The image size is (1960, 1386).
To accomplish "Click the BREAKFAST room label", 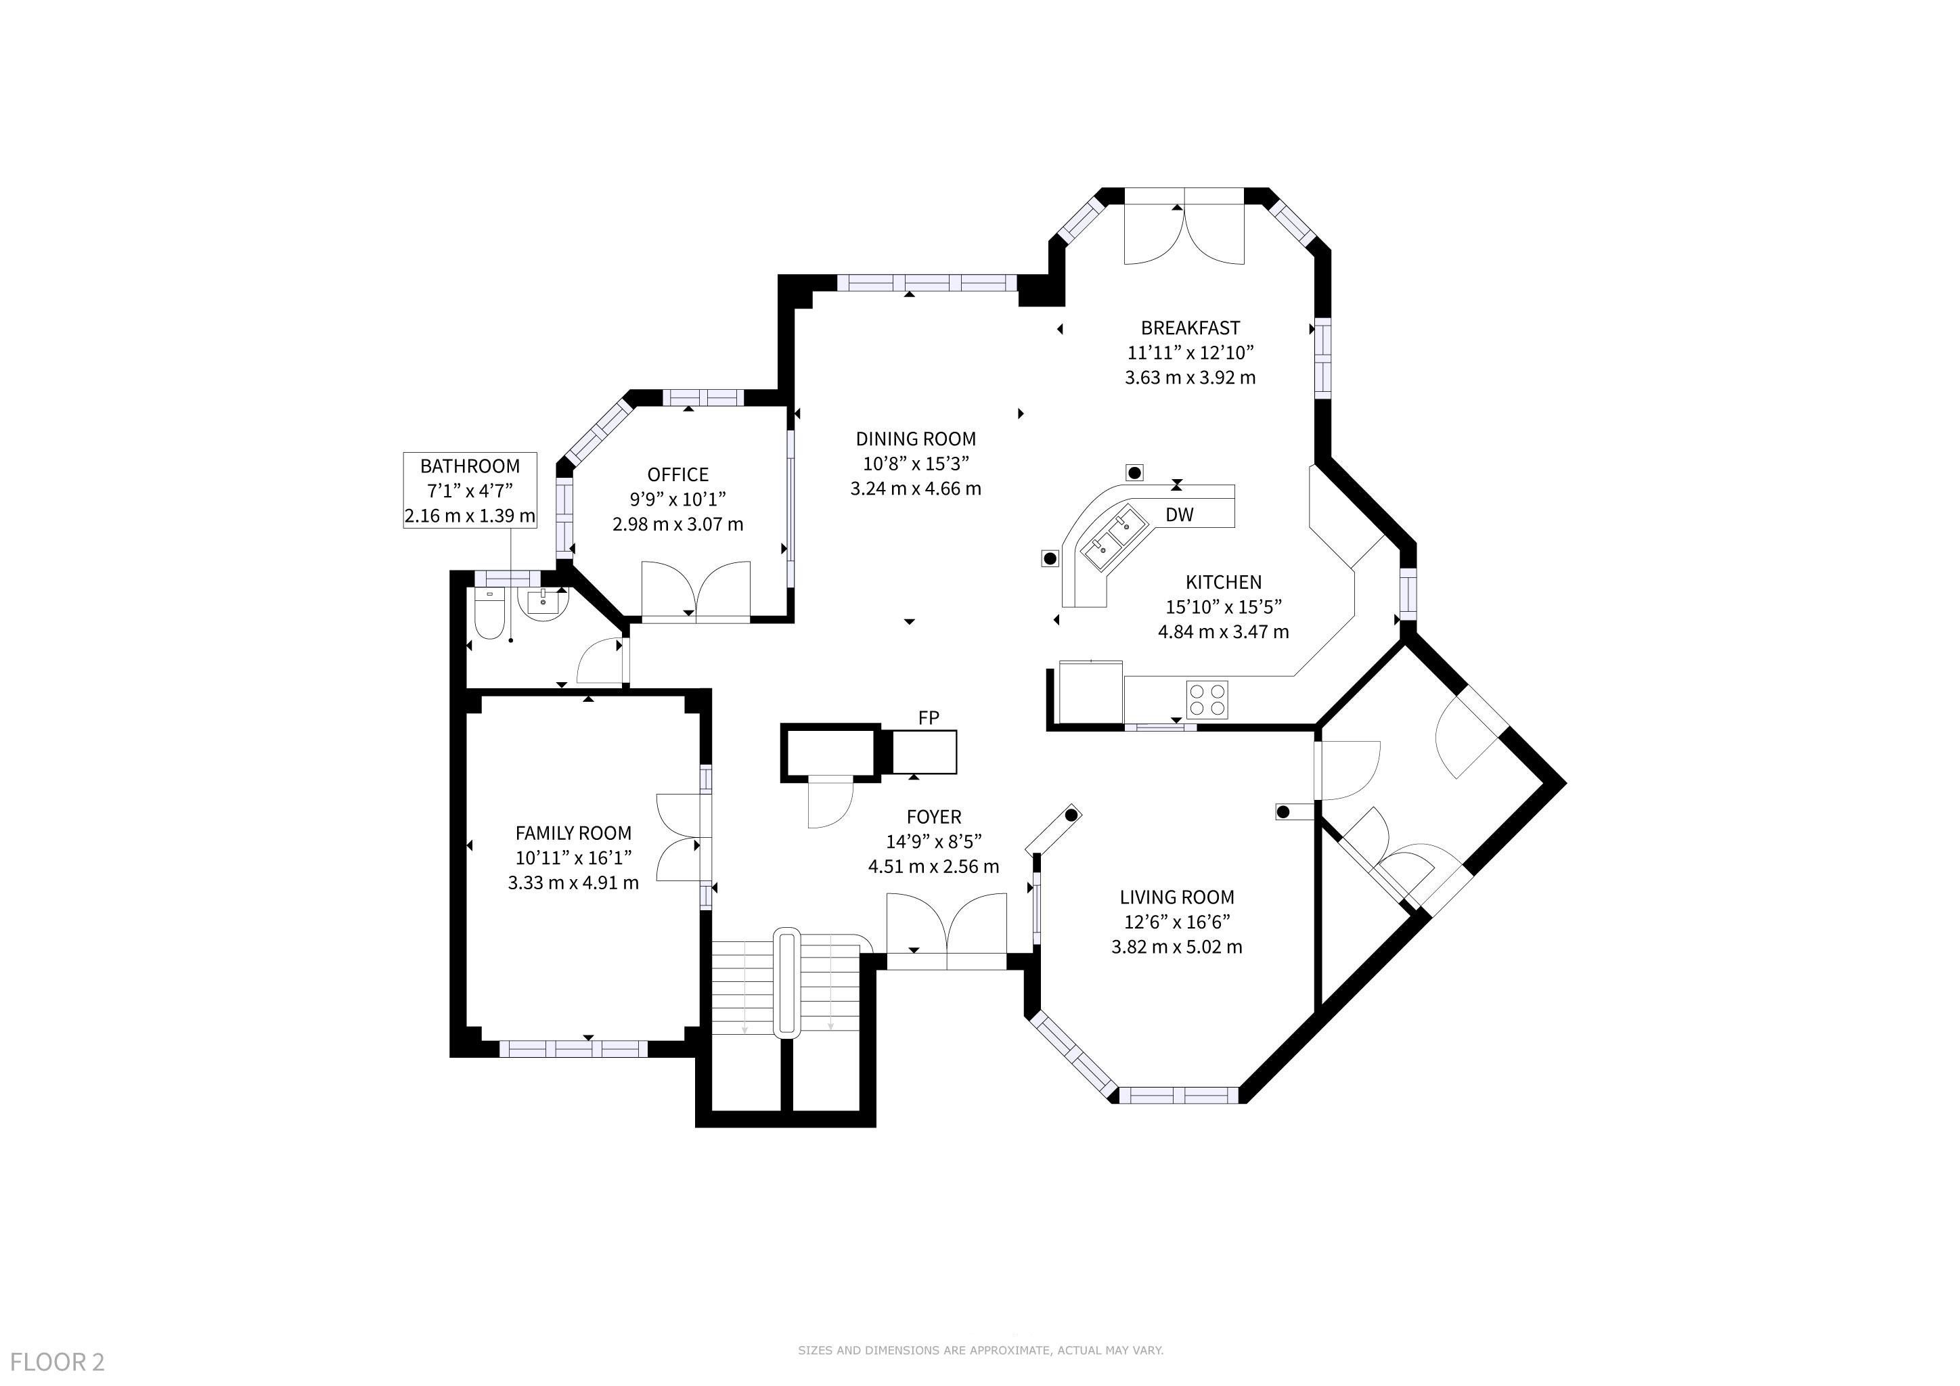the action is pos(1190,328).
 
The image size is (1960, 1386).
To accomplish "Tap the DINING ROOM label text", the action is pos(915,439).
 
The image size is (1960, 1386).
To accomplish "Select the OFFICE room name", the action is pos(677,474).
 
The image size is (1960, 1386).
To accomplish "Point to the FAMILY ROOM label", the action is pos(573,833).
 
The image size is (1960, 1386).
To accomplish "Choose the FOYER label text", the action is pos(934,817).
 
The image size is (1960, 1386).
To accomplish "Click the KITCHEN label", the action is pos(1223,582).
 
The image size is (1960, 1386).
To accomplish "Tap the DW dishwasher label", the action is pos(1180,514).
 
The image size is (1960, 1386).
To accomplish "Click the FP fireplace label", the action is pos(929,718).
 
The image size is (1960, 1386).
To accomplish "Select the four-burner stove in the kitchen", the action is pos(1207,699).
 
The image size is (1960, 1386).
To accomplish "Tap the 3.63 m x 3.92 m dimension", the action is pos(1190,377).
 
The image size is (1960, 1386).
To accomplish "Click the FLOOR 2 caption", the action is pos(58,1361).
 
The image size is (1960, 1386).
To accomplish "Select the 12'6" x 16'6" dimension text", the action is pos(1176,922).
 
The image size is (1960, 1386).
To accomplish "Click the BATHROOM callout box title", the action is pos(470,466).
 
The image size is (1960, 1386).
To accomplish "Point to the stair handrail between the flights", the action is pos(786,983).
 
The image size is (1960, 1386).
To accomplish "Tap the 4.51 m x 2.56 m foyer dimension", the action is pos(934,866).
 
